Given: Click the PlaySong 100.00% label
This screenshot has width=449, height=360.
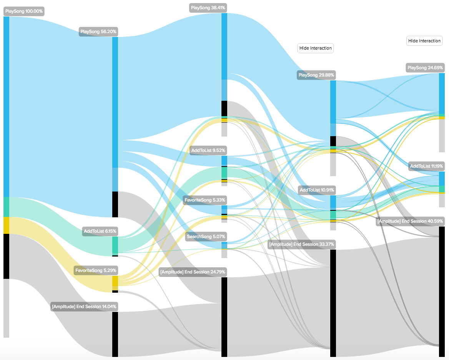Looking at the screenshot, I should (24, 12).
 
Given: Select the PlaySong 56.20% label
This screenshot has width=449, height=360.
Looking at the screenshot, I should (98, 32).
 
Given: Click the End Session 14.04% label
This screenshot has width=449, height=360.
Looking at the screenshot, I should (84, 307).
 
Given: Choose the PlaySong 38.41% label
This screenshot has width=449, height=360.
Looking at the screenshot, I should (208, 8).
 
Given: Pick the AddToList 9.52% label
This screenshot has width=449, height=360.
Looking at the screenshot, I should (208, 150).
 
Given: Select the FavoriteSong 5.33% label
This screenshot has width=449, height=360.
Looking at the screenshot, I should (205, 200).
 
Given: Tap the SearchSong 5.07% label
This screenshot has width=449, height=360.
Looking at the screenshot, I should (206, 236).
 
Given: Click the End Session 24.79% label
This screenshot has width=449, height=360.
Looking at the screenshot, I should (193, 272).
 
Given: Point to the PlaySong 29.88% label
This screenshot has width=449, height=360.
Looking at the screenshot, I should (316, 75).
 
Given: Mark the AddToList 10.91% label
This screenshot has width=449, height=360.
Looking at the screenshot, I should (317, 190).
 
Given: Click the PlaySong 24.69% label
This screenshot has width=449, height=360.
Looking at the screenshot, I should (425, 68).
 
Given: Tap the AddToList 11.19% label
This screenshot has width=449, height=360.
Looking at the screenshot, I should (426, 166).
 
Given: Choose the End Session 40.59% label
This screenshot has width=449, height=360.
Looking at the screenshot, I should (410, 221).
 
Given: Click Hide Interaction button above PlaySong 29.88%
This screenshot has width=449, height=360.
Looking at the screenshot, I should (315, 48).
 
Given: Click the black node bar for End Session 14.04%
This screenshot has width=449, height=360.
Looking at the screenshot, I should (115, 334).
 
